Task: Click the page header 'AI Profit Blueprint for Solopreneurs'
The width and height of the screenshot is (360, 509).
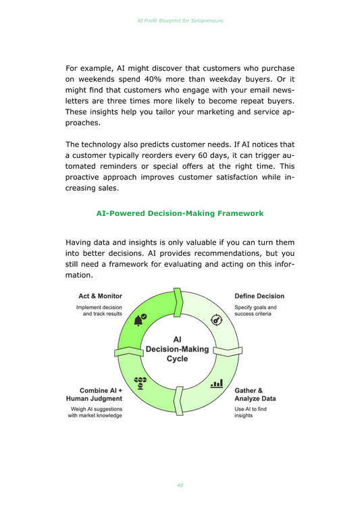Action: [x=180, y=20]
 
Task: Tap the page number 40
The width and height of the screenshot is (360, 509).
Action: [x=180, y=485]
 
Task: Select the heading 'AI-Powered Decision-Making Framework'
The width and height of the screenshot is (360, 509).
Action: [x=180, y=213]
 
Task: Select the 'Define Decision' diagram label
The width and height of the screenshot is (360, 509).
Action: [x=259, y=296]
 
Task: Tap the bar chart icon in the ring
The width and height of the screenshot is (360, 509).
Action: [x=217, y=383]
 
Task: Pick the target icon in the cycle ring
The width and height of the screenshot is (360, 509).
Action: [x=217, y=320]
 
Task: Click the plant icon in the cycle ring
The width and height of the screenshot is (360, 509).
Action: [x=140, y=383]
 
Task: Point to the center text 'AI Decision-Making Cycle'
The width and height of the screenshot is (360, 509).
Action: [x=178, y=348]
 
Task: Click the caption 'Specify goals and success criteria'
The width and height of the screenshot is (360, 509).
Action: [x=255, y=311]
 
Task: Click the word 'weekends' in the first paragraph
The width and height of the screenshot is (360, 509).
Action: [x=91, y=82]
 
